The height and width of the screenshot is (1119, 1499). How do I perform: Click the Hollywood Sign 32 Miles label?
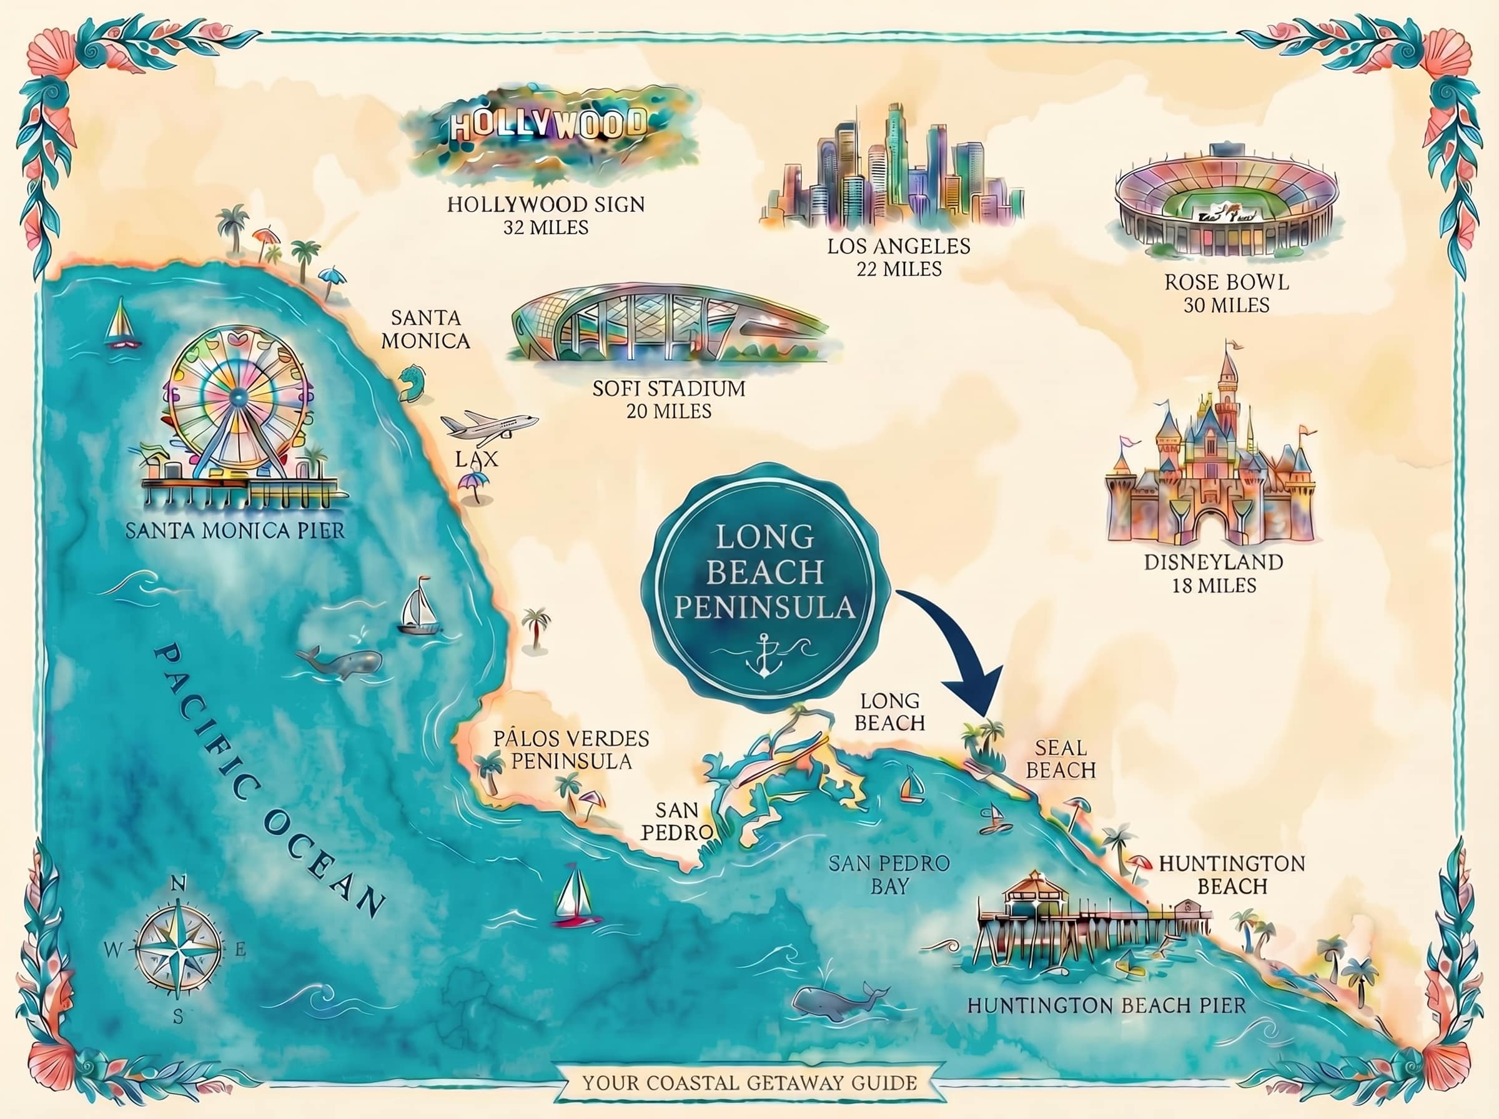(545, 215)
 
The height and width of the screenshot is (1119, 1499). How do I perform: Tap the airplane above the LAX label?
(489, 425)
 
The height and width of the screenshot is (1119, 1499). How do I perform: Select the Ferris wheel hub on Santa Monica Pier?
(238, 397)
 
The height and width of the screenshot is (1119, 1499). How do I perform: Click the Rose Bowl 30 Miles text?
(1226, 293)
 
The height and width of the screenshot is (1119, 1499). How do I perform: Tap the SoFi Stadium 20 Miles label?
(668, 399)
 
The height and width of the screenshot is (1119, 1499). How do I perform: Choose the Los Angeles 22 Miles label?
(898, 257)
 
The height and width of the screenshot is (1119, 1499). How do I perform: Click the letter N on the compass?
(177, 884)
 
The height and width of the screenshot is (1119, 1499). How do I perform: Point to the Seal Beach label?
(1060, 759)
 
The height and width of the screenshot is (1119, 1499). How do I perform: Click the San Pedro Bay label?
(889, 874)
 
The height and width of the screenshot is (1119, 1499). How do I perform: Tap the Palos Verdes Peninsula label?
(571, 749)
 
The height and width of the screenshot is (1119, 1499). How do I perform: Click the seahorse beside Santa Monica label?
(411, 383)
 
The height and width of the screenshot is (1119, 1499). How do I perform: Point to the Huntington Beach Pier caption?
(1106, 1005)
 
